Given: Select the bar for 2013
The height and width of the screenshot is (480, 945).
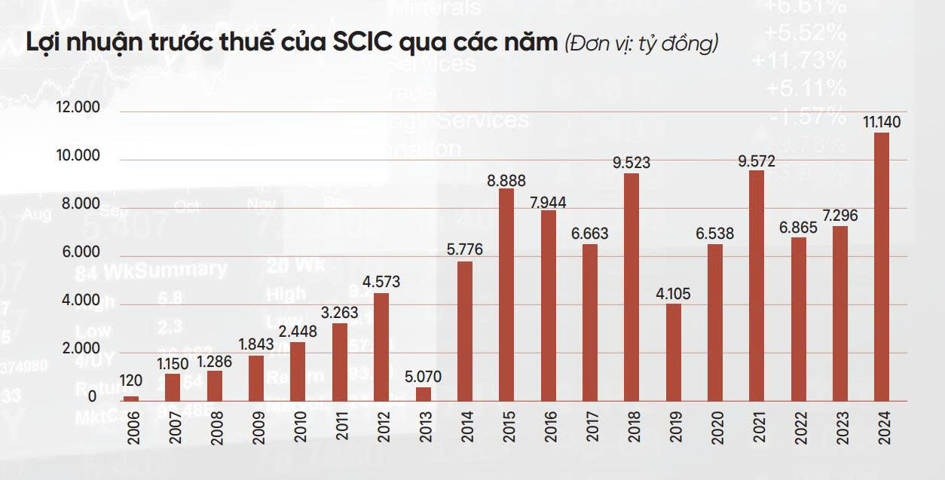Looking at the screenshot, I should tap(424, 393).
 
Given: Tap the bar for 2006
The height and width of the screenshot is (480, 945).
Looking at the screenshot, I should tap(131, 398).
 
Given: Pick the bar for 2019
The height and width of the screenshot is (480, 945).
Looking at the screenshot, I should tap(673, 352).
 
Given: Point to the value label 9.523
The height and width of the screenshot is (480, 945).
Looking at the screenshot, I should tap(631, 163).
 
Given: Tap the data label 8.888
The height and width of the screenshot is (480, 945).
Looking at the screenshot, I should tap(506, 181).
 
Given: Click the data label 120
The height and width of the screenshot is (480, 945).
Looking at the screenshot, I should tap(131, 381).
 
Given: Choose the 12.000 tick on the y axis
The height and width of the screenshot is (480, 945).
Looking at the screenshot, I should tap(78, 109).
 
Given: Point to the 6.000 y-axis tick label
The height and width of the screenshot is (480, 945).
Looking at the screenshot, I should tap(78, 253).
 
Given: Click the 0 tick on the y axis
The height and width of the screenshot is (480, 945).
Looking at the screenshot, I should tap(92, 397).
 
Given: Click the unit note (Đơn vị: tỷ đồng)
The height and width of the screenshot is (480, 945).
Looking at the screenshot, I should tap(641, 44).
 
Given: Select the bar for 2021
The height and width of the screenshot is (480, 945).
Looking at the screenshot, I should tap(757, 285).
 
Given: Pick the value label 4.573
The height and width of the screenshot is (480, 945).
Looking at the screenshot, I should tap(381, 283).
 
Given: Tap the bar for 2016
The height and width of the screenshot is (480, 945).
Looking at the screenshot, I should tap(548, 304).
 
